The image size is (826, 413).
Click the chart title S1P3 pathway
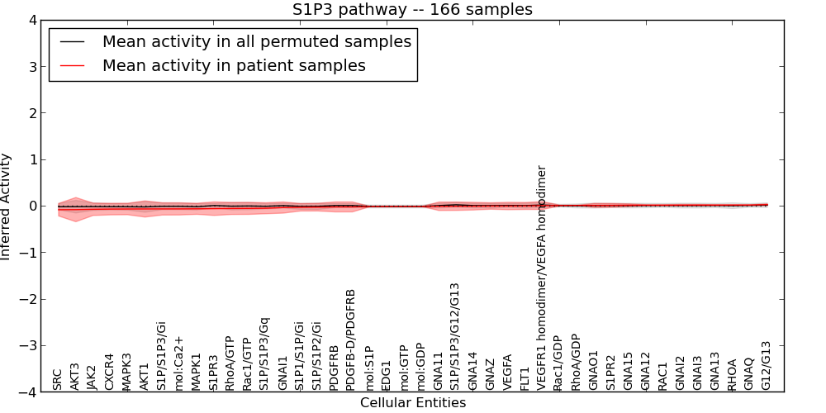tap(412, 10)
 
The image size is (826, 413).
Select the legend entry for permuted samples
tap(256, 42)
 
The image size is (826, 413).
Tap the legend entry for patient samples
tap(234, 65)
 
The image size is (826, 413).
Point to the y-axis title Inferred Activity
tap(7, 206)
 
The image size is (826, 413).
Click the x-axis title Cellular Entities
tap(412, 403)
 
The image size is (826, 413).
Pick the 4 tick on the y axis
tap(32, 20)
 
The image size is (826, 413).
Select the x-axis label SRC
tap(58, 379)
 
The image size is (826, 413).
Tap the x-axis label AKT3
tap(75, 376)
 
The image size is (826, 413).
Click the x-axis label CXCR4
tap(110, 372)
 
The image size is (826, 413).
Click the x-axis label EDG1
tap(386, 375)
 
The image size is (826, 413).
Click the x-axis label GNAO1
tap(594, 370)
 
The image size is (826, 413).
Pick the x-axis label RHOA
tap(732, 374)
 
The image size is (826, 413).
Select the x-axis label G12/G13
tap(767, 365)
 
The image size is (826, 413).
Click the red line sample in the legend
tap(72, 65)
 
